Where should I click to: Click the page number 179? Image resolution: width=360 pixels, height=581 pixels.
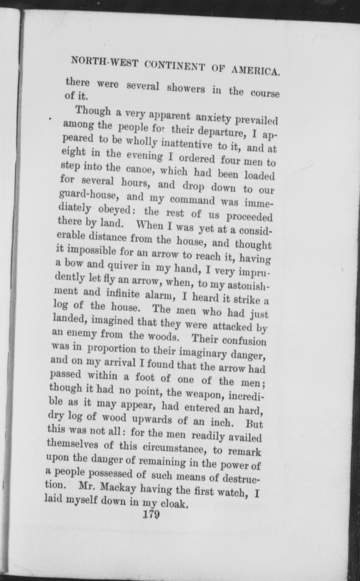tap(151, 514)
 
